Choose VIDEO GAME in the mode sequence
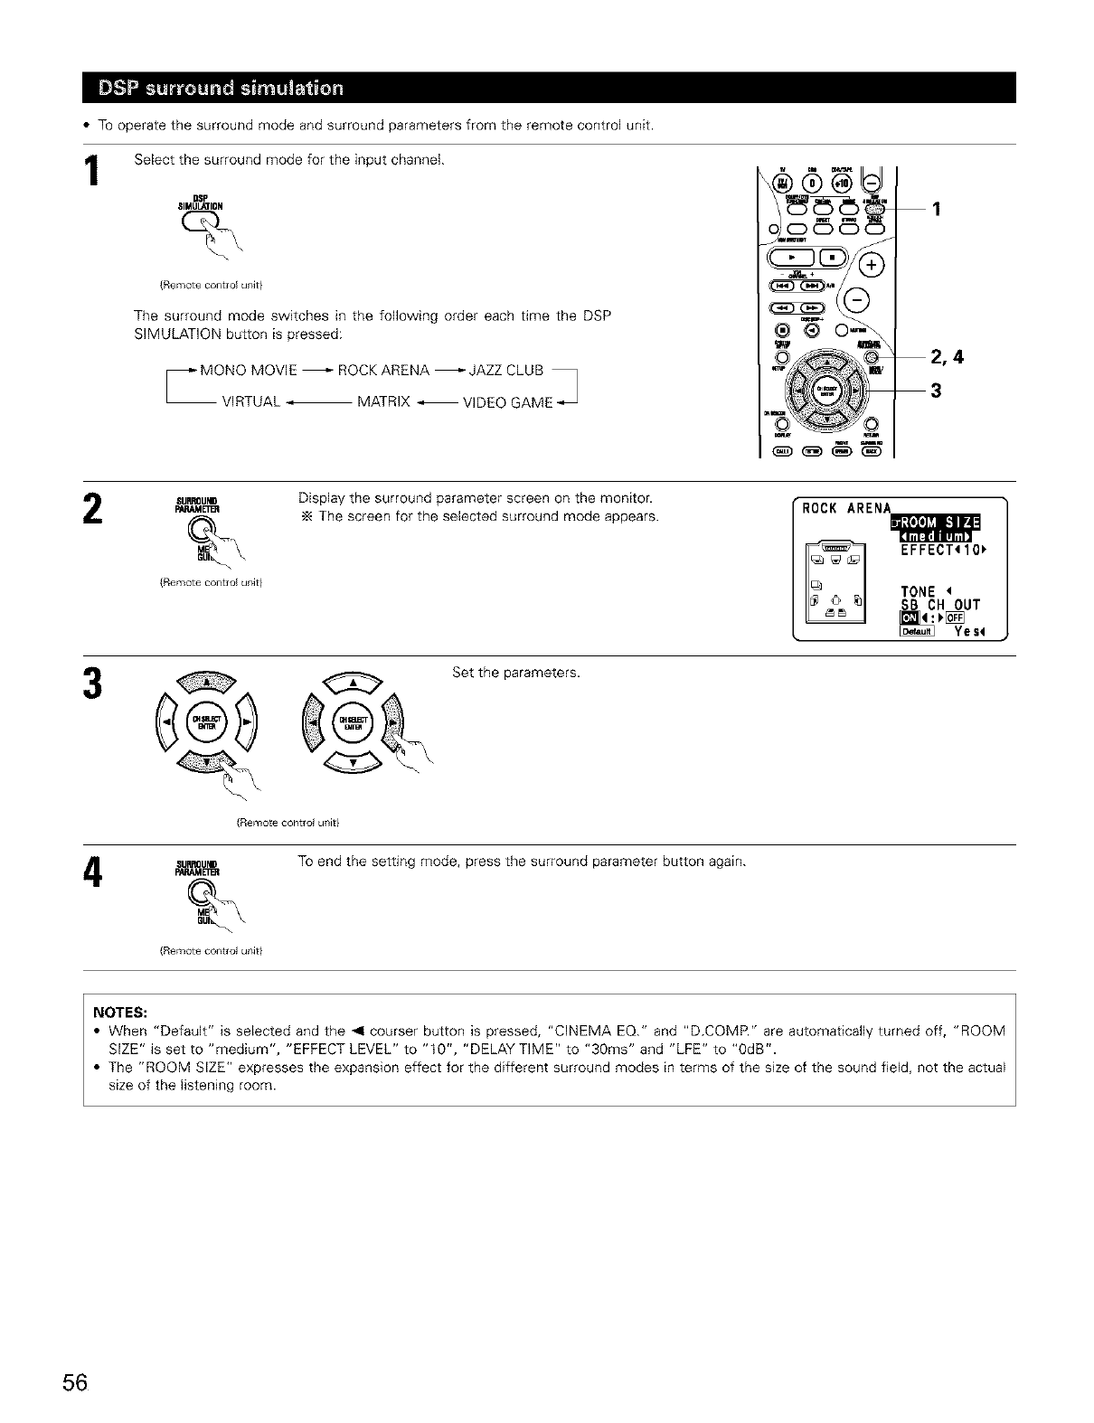coord(507,402)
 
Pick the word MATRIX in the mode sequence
coord(384,402)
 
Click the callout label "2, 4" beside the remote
coord(948,357)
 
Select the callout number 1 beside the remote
coord(937,209)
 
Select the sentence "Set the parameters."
coord(515,674)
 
